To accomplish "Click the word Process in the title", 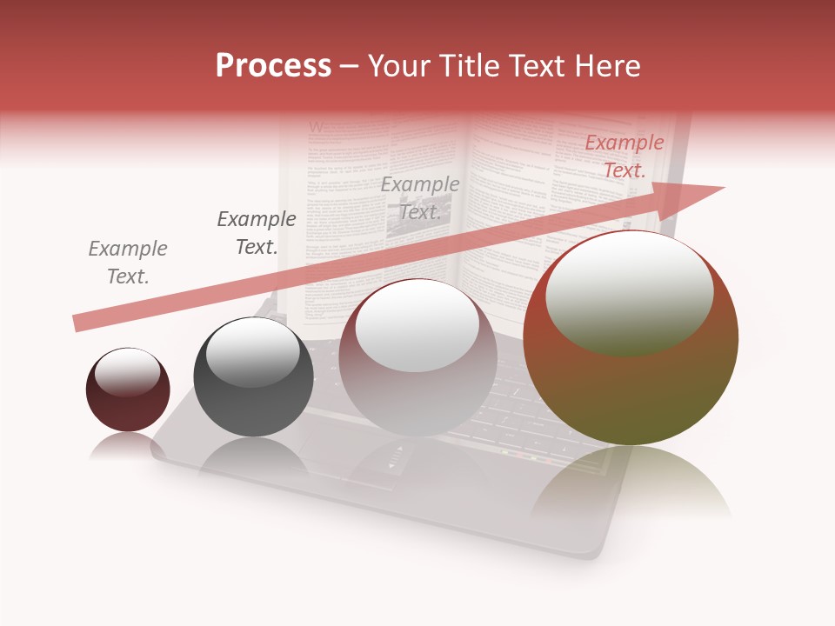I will pyautogui.click(x=273, y=66).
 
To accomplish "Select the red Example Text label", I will pyautogui.click(x=624, y=156).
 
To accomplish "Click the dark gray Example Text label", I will pyautogui.click(x=256, y=233).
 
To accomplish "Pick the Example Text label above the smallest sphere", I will pyautogui.click(x=128, y=263).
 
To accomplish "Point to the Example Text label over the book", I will pyautogui.click(x=420, y=198).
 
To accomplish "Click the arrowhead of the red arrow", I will pyautogui.click(x=696, y=198).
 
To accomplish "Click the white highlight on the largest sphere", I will pyautogui.click(x=629, y=291).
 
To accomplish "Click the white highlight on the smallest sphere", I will pyautogui.click(x=127, y=372).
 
